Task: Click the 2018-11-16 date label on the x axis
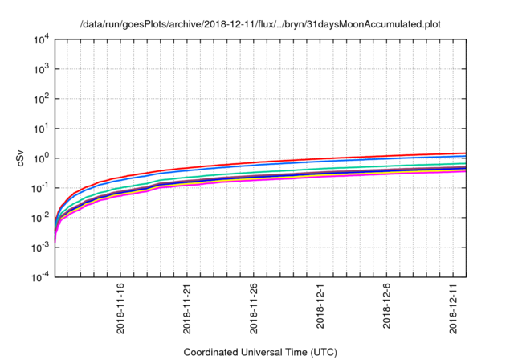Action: coord(120,309)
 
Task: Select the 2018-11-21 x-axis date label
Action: coord(187,309)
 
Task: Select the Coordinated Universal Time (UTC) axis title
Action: coord(260,352)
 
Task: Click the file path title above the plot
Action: coord(260,23)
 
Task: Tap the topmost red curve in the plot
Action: coord(321,158)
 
